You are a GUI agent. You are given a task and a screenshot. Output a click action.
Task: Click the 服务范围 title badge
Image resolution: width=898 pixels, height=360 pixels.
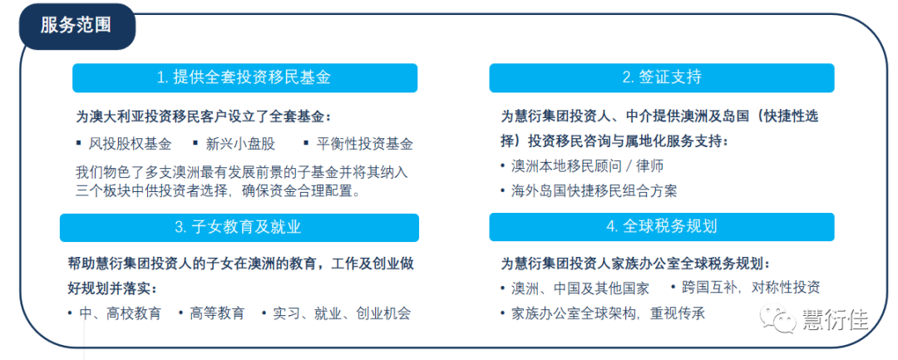coord(77,27)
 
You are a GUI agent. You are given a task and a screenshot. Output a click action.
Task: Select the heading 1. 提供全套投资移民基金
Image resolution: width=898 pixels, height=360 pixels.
coord(244,78)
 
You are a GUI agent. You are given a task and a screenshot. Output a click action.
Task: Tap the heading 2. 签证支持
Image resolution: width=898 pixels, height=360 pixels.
coord(662,78)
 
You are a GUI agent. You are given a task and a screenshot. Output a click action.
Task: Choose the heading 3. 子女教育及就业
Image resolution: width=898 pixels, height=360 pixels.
coord(239,228)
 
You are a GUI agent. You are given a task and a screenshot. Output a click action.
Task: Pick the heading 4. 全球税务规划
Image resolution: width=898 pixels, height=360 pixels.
coord(662,228)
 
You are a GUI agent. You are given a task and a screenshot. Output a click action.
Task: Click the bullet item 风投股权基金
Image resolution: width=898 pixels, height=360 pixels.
coord(130,144)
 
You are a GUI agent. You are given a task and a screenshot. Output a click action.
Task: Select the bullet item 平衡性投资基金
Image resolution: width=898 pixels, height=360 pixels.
coord(364,144)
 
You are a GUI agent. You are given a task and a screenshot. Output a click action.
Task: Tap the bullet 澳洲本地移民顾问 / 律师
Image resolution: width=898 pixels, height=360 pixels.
coord(588,166)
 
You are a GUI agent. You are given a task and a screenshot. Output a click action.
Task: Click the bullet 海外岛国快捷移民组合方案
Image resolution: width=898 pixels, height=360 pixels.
coord(594,191)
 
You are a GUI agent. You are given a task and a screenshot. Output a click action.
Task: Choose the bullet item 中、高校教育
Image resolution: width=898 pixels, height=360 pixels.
coord(121,313)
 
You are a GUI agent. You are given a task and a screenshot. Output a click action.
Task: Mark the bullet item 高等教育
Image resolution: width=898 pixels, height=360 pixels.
coord(217,313)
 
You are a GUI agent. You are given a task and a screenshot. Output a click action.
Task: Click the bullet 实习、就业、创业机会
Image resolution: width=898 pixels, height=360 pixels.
coord(342,313)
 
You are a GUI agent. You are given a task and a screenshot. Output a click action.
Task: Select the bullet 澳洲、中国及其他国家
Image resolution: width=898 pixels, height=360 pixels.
coord(580,288)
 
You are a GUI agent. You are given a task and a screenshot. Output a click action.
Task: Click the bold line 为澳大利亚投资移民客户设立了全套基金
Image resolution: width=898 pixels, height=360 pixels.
coord(204,116)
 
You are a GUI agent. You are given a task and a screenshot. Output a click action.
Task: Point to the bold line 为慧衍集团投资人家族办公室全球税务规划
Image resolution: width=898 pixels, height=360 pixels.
coord(635,264)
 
